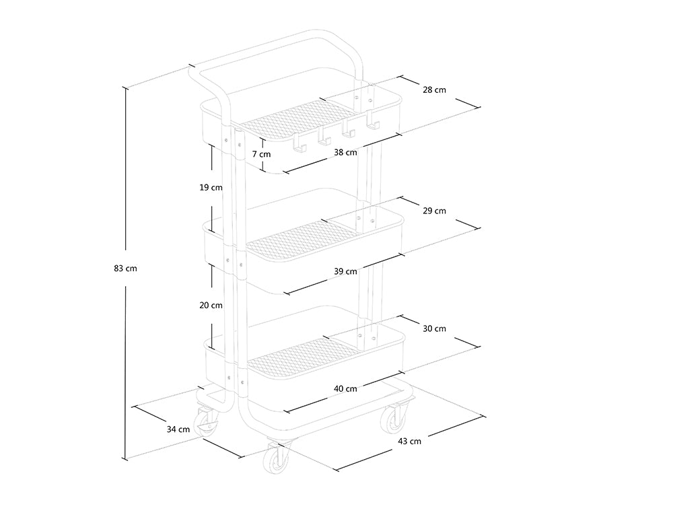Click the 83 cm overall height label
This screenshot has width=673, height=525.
click(125, 269)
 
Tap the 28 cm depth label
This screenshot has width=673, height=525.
click(435, 90)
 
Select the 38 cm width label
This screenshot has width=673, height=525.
click(345, 153)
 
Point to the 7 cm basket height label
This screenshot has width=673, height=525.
click(261, 154)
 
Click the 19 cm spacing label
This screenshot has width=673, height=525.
click(211, 188)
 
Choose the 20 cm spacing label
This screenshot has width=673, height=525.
click(211, 305)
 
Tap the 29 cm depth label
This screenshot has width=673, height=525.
click(435, 211)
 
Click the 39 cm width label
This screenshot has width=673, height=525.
click(345, 271)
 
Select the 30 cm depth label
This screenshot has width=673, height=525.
click(435, 328)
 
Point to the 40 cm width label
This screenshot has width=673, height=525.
click(345, 388)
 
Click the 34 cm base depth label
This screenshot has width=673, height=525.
click(178, 429)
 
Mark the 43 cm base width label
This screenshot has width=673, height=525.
click(410, 441)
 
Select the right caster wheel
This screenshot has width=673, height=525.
click(394, 419)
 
